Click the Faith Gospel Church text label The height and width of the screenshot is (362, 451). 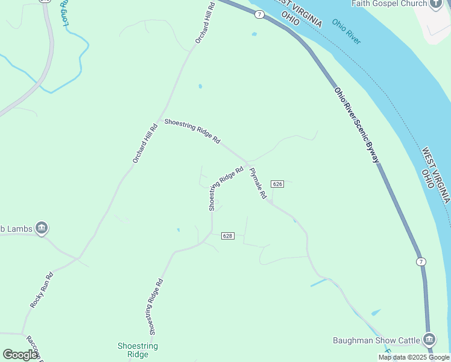(389, 4)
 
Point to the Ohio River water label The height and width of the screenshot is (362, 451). (346, 31)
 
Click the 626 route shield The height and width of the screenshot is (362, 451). (277, 183)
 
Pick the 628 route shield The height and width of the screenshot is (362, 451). (227, 235)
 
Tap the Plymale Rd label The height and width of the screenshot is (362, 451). (258, 184)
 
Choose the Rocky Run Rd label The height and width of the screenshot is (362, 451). (42, 291)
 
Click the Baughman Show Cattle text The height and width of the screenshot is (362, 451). (376, 340)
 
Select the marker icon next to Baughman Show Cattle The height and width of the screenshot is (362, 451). (429, 339)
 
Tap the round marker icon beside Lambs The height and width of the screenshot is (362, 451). (42, 228)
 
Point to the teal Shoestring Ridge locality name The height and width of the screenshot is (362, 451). (137, 350)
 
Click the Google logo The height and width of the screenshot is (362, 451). (20, 355)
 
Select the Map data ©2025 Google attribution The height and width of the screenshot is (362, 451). (414, 357)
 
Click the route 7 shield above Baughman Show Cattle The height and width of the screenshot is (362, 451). (421, 261)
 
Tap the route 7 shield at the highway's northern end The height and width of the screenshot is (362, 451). (259, 13)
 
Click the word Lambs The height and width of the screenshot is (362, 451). (18, 228)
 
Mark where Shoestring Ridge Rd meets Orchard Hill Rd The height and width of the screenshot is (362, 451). (159, 119)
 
